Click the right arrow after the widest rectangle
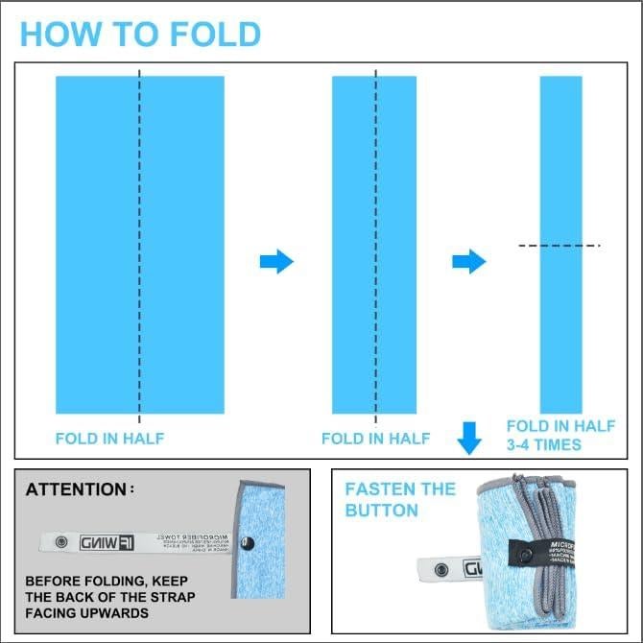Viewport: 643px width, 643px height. tap(276, 261)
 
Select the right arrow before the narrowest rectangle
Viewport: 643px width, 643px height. tap(468, 261)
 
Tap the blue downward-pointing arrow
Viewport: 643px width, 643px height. tap(468, 438)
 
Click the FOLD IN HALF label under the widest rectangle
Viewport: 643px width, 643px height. tap(109, 439)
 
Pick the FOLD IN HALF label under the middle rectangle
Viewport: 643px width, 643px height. tap(375, 439)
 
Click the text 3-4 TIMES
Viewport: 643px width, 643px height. tap(544, 444)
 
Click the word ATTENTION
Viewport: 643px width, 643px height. tap(76, 489)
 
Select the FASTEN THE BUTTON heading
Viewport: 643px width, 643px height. tap(400, 499)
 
